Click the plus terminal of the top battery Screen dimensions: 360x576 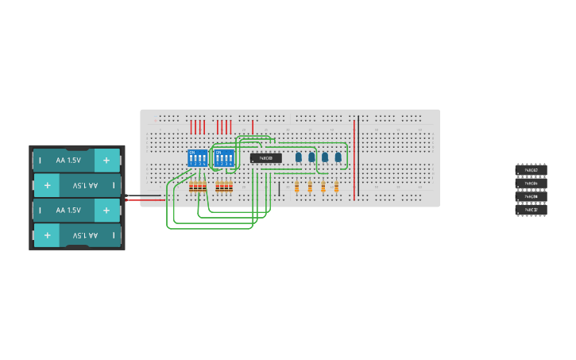point(106,161)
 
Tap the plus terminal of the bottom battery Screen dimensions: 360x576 point(48,235)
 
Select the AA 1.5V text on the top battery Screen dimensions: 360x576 point(68,161)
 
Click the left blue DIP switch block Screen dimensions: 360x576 point(197,157)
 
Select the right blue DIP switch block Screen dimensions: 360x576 point(224,157)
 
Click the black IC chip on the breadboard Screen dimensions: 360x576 point(266,158)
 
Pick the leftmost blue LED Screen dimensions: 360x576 point(299,157)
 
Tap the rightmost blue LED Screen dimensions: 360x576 point(338,157)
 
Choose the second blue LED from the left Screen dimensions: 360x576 point(311,157)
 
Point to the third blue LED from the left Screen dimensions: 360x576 point(325,157)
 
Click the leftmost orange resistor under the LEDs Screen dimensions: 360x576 point(297,188)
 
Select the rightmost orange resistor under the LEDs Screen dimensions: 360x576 point(336,188)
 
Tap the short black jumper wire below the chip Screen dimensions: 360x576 point(279,188)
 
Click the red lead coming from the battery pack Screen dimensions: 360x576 point(143,200)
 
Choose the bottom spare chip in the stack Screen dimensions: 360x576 point(531,210)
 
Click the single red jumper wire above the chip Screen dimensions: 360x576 point(253,127)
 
